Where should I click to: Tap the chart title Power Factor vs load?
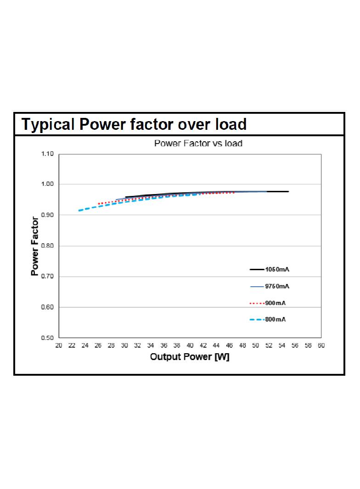pyautogui.click(x=198, y=143)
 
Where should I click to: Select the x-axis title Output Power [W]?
pyautogui.click(x=190, y=357)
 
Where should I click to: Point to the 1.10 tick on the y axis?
pyautogui.click(x=47, y=154)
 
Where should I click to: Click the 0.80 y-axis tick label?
pyautogui.click(x=47, y=246)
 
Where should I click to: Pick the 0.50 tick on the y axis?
pyautogui.click(x=47, y=338)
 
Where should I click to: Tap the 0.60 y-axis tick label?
pyautogui.click(x=47, y=307)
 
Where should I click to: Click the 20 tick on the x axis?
pyautogui.click(x=59, y=345)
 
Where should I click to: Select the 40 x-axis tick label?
pyautogui.click(x=190, y=345)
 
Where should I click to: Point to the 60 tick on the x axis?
pyautogui.click(x=321, y=345)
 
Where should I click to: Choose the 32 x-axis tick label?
pyautogui.click(x=137, y=345)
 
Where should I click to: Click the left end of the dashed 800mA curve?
pyautogui.click(x=79, y=211)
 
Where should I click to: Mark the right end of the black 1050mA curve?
pyautogui.click(x=288, y=191)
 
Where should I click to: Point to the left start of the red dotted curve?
pyautogui.click(x=98, y=204)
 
